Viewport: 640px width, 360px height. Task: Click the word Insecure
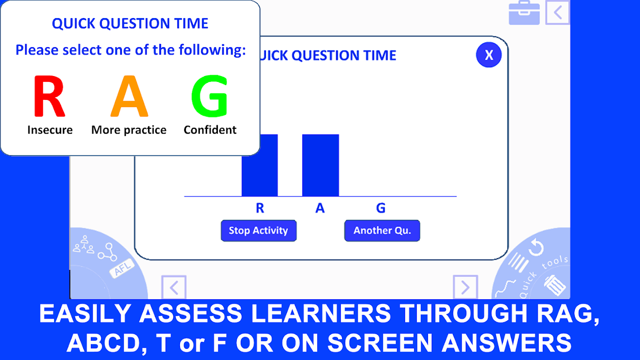point(50,130)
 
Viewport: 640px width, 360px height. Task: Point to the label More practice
point(129,130)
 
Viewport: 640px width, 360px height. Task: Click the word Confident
point(210,130)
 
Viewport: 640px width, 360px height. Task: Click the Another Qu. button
point(382,230)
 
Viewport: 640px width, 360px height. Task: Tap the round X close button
point(489,55)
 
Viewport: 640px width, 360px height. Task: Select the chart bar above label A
point(320,165)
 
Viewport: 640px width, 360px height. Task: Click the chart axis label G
point(381,208)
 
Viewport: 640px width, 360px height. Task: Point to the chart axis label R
point(260,208)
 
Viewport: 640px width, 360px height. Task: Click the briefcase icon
point(524,13)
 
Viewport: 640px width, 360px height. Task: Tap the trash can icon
point(554,285)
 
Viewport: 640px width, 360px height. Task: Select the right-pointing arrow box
point(465,287)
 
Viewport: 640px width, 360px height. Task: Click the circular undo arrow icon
point(536,247)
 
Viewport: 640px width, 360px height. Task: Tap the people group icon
point(83,244)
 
